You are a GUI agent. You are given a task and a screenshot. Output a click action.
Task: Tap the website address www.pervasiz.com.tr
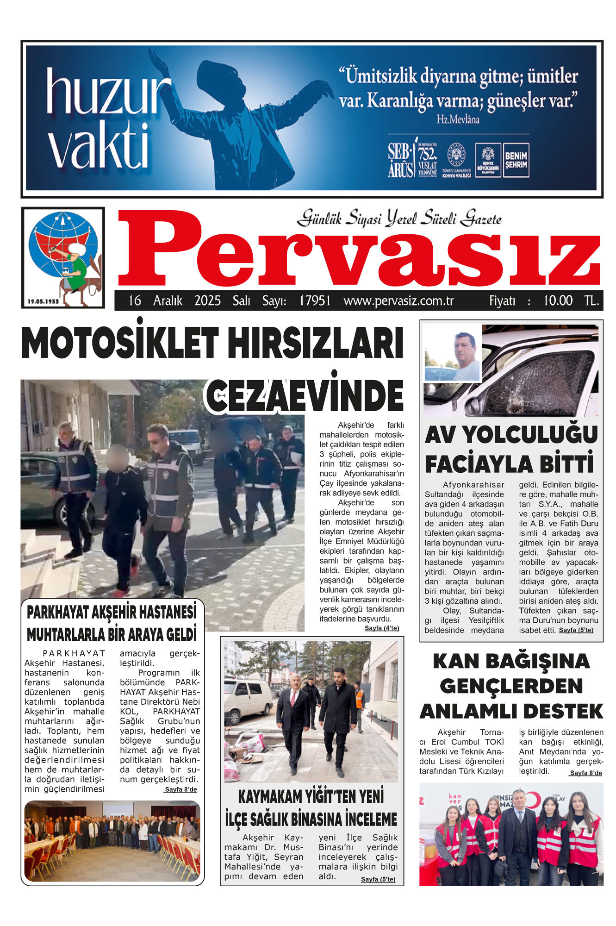(398, 301)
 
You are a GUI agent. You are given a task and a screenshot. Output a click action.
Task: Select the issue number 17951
(315, 301)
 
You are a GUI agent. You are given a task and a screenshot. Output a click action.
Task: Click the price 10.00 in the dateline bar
(558, 301)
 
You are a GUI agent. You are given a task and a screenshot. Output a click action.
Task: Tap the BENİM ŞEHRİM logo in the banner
(516, 160)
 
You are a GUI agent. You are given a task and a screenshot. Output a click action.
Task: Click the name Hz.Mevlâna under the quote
(458, 119)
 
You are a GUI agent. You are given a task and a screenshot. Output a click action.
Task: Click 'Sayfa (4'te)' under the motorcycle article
(381, 628)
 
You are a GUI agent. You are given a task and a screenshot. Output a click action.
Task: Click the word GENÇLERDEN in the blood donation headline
(511, 686)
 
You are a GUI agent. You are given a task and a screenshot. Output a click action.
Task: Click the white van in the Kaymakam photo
(248, 701)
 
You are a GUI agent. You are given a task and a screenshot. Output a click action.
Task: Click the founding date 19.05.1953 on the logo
(43, 301)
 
